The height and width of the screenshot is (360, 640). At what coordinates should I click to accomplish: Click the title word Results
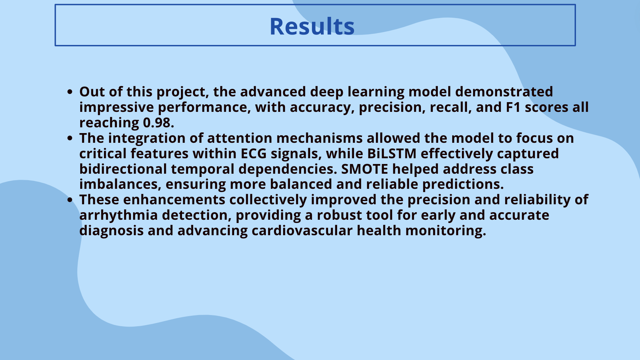coord(312,26)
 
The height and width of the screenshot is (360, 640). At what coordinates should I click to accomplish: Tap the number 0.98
coord(158,123)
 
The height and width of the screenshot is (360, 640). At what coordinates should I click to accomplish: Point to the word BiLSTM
coord(392,154)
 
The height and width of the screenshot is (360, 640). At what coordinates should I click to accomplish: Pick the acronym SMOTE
coord(364,169)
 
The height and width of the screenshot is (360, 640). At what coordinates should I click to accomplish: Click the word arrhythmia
coord(118,215)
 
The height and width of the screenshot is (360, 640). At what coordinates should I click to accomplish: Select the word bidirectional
coord(123,169)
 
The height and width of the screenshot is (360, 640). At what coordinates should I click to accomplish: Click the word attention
coord(240,138)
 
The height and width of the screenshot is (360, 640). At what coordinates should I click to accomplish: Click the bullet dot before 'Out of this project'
coord(70,92)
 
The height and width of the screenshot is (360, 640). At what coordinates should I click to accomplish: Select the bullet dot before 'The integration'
coord(70,138)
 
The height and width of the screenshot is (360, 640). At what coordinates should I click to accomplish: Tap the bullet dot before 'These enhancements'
coord(70,200)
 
